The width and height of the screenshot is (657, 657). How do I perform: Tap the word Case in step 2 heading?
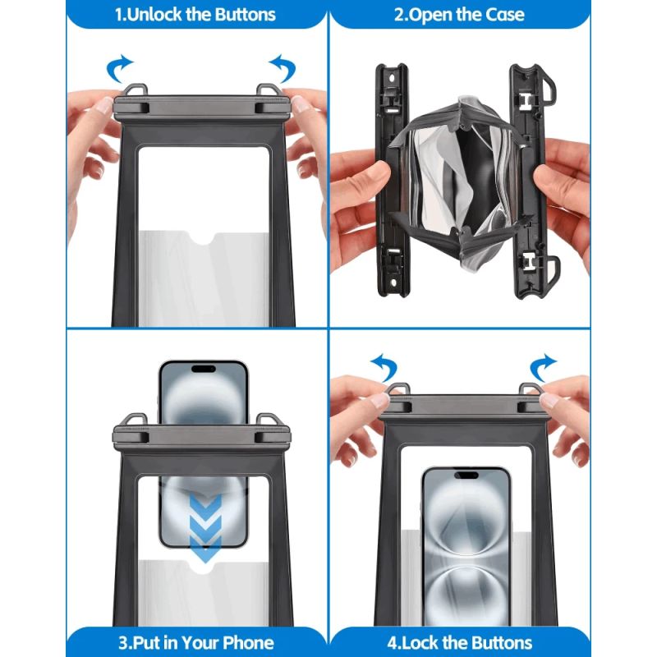tap(504, 15)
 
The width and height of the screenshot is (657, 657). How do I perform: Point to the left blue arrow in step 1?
tap(118, 68)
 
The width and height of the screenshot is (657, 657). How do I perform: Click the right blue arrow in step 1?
tap(283, 68)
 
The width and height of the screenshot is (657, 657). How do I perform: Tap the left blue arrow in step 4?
tap(384, 367)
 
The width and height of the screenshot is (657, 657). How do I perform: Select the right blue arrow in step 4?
tap(542, 367)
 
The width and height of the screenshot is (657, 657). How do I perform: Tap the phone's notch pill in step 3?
tap(204, 369)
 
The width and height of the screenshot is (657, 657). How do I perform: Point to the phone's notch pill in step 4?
tap(466, 475)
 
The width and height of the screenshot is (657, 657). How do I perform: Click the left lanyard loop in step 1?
tap(136, 91)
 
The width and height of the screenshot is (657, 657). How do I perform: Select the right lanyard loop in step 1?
tap(269, 91)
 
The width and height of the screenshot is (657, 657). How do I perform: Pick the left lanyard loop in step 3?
tap(136, 420)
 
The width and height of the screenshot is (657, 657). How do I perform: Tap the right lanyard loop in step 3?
tap(269, 420)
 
